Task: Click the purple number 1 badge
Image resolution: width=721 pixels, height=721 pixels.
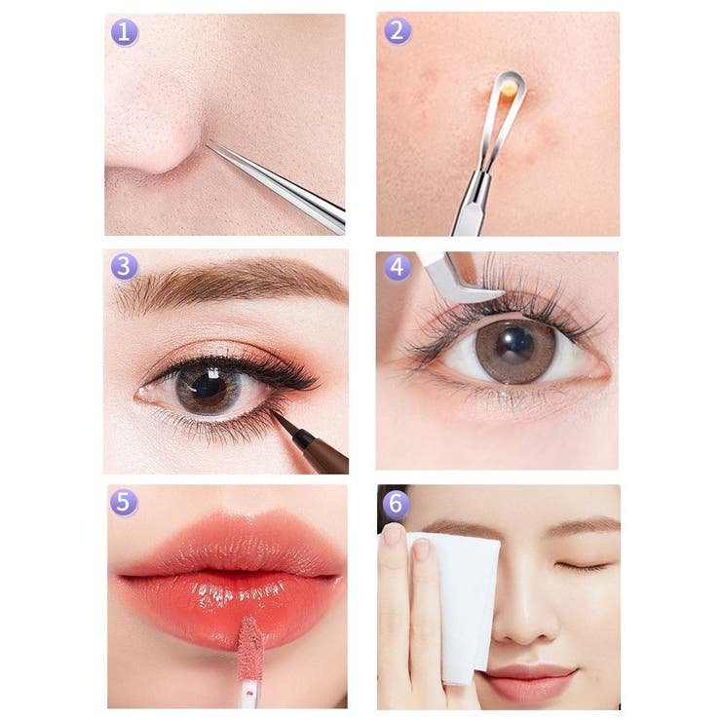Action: pyautogui.click(x=124, y=33)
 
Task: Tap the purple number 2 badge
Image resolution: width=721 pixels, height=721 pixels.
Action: pyautogui.click(x=398, y=31)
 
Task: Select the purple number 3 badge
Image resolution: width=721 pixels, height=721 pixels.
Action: pyautogui.click(x=124, y=267)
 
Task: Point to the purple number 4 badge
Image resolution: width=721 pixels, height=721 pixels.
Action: pyautogui.click(x=398, y=267)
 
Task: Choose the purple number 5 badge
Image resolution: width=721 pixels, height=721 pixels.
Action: pyautogui.click(x=123, y=502)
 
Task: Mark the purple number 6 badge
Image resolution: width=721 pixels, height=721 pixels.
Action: pyautogui.click(x=396, y=503)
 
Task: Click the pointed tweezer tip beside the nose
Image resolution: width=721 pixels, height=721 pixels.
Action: pyautogui.click(x=208, y=143)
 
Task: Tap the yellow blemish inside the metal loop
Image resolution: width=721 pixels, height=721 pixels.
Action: pyautogui.click(x=508, y=88)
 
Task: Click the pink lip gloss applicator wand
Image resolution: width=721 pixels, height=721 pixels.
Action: pyautogui.click(x=248, y=663)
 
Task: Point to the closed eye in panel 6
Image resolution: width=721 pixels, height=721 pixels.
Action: pyautogui.click(x=582, y=566)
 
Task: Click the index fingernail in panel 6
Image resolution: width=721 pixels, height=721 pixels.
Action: pyautogui.click(x=421, y=550)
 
